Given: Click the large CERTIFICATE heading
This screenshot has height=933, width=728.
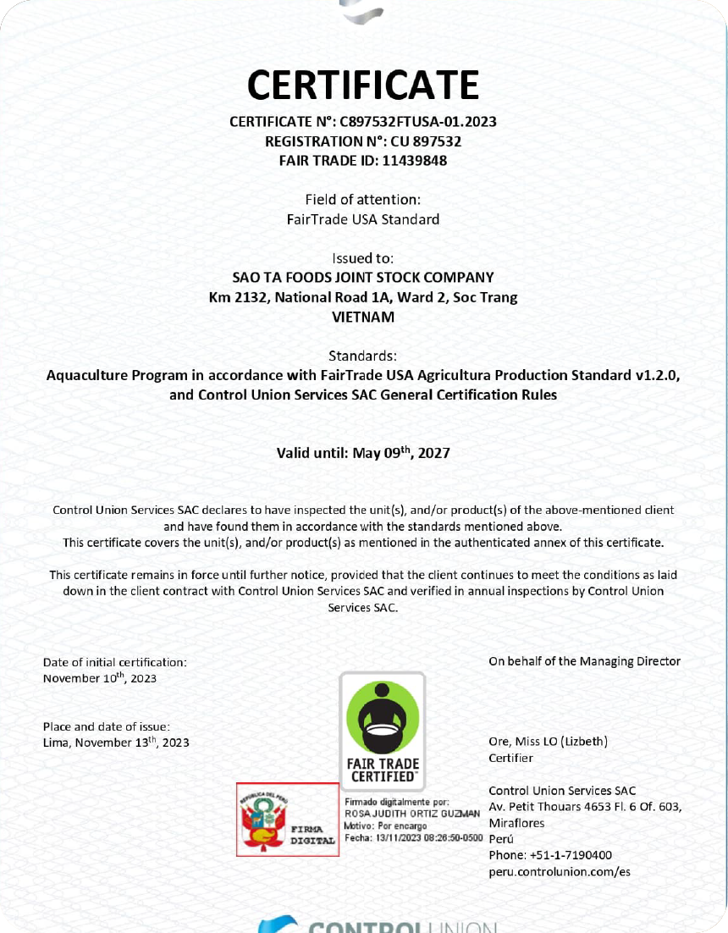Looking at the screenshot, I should (363, 85).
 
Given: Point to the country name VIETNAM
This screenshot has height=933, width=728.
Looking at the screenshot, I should (363, 317).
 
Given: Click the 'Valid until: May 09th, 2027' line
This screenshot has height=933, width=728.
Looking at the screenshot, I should (363, 453).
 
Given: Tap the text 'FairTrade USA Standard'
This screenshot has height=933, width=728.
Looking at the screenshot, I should (363, 219).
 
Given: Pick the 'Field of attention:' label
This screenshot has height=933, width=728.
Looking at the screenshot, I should (363, 200).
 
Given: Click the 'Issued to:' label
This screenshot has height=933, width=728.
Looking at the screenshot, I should (363, 257).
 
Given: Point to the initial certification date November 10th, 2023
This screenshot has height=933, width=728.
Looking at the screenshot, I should (100, 678).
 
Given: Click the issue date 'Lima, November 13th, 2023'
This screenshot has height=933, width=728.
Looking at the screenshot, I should (116, 743).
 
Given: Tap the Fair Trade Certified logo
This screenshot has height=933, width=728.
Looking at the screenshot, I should (382, 731).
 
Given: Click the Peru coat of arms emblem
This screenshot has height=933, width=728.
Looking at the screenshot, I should (260, 820).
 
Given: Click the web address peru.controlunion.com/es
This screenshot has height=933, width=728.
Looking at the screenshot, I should (560, 871).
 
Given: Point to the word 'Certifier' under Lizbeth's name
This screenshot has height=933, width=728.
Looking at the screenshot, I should (510, 759).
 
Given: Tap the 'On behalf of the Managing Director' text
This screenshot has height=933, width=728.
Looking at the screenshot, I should (584, 661).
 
